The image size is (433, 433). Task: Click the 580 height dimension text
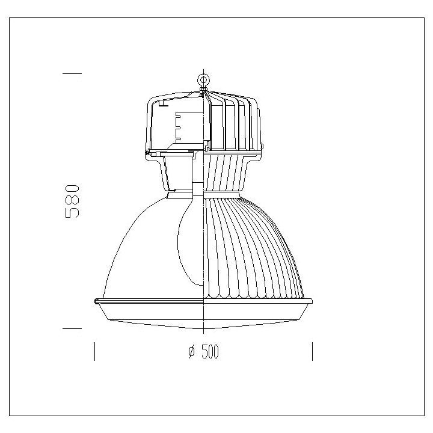pos(72,201)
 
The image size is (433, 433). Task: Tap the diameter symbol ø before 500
pos(191,352)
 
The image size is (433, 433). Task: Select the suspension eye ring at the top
pos(204,79)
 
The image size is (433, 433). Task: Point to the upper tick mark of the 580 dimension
pos(72,73)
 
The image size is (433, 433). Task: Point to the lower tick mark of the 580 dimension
pos(72,329)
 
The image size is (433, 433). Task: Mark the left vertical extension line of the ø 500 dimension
pos(94,351)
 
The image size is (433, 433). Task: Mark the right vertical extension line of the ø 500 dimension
pos(312,351)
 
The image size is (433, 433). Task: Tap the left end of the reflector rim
pos(97,301)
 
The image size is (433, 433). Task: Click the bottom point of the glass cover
pos(204,330)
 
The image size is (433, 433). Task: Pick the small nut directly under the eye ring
pos(204,91)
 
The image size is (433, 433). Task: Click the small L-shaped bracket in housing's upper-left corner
pos(162,104)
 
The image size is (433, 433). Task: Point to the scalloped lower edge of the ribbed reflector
pos(253,295)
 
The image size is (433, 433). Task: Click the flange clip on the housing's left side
pos(147,153)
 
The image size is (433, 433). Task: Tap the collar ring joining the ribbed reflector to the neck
pos(223,194)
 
